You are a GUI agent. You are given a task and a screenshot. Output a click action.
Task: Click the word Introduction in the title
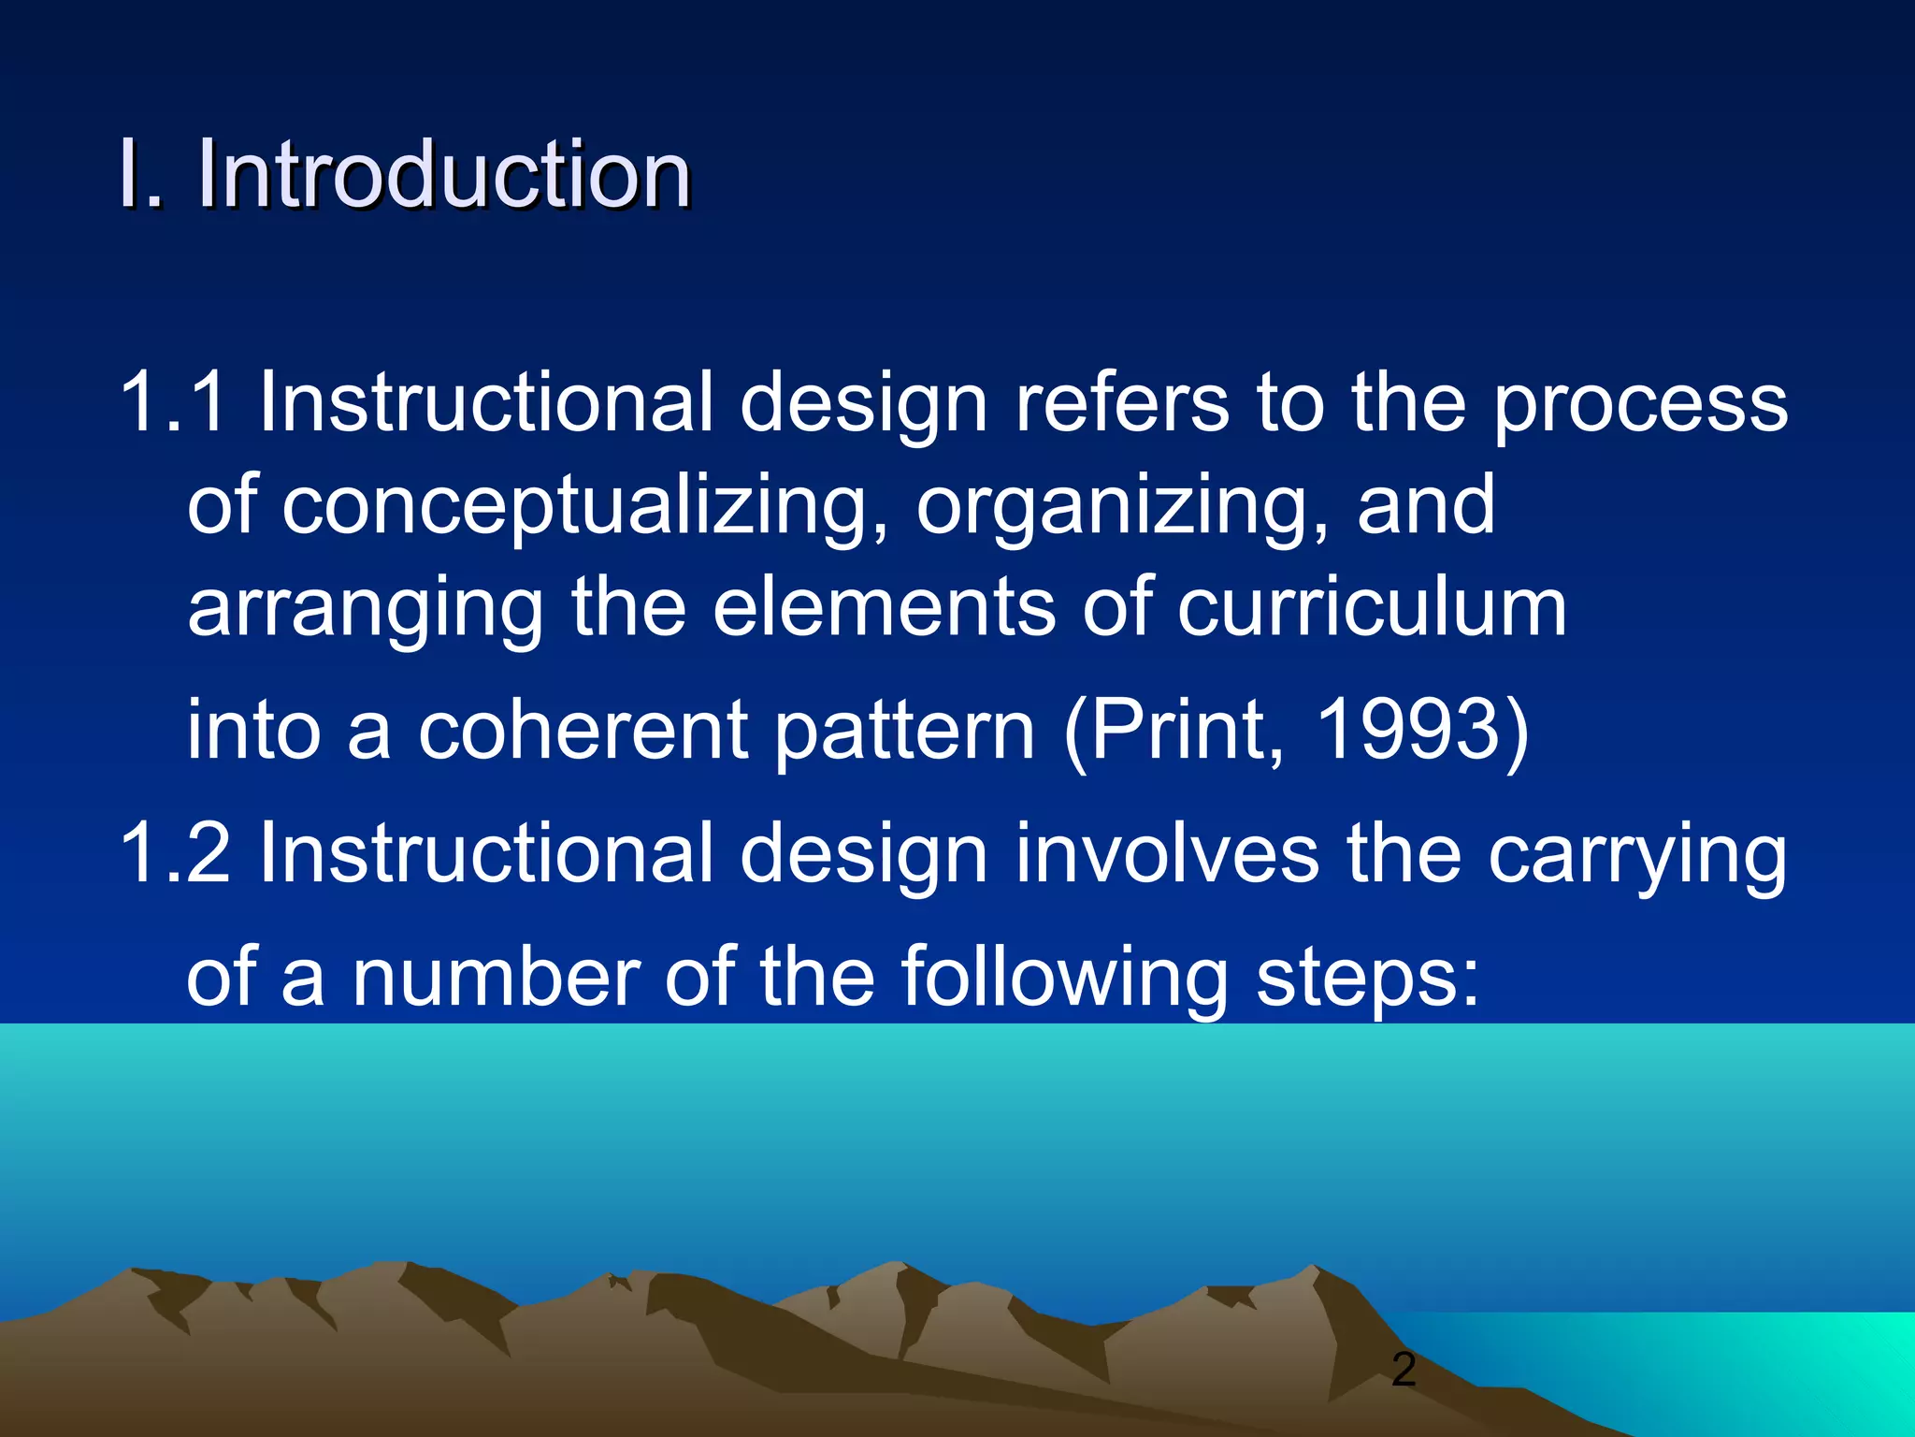click(x=443, y=175)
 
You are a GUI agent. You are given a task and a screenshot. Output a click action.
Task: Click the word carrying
click(x=1636, y=856)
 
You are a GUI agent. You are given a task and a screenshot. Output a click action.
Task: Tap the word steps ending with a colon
click(x=1367, y=979)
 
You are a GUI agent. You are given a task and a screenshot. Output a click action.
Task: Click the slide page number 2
click(x=1404, y=1370)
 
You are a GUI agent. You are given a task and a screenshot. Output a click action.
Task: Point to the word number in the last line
click(x=496, y=979)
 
